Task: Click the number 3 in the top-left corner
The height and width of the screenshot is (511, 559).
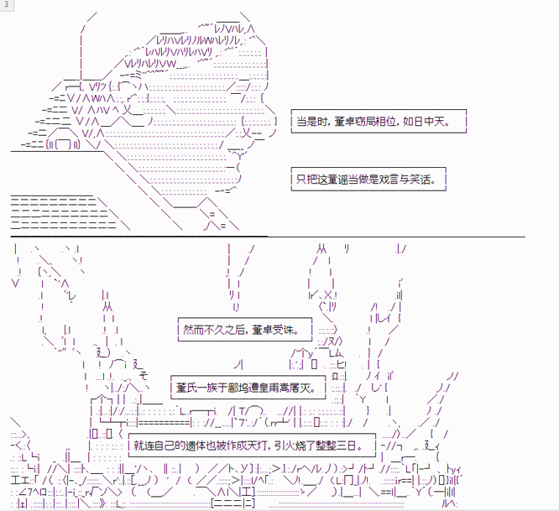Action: pyautogui.click(x=6, y=5)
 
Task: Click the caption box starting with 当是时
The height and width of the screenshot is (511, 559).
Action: pyautogui.click(x=379, y=121)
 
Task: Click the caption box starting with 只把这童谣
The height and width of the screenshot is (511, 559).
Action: pyautogui.click(x=368, y=179)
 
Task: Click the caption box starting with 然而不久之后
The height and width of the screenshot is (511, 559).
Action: pyautogui.click(x=245, y=329)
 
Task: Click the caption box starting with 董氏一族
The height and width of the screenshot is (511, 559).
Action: pyautogui.click(x=248, y=387)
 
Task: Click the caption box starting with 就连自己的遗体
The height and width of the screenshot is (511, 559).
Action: pyautogui.click(x=252, y=445)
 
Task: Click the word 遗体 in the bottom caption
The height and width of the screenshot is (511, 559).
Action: pyautogui.click(x=196, y=446)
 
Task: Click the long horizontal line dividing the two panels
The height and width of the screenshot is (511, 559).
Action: pyautogui.click(x=268, y=236)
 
